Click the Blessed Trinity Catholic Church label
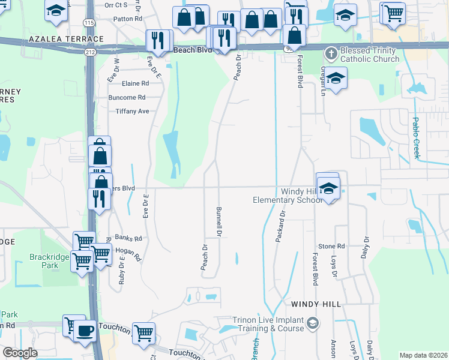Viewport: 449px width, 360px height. [x=369, y=55]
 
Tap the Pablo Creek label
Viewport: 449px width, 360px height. [x=415, y=137]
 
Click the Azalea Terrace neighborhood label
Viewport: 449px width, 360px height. [x=65, y=39]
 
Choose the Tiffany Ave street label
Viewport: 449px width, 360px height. [x=132, y=111]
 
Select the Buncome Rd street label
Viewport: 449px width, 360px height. [x=127, y=97]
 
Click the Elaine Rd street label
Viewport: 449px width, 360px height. [x=134, y=83]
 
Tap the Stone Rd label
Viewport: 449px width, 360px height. [x=331, y=246]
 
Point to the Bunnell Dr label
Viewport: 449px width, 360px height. [x=219, y=221]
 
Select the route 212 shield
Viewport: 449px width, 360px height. [x=90, y=52]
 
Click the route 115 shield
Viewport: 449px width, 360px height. [x=89, y=23]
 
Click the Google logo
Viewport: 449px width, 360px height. [x=20, y=353]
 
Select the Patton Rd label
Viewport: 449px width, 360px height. [x=131, y=19]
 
